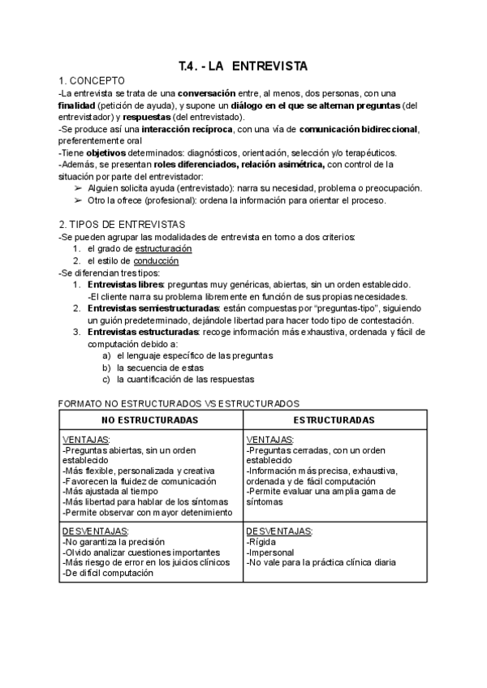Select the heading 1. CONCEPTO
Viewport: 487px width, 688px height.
coord(92,81)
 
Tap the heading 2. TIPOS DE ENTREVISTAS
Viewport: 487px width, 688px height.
coord(122,224)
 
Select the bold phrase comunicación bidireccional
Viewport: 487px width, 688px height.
coord(359,129)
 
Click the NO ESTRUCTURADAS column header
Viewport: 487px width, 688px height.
coord(150,420)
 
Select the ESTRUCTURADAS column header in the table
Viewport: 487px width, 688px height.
coord(334,420)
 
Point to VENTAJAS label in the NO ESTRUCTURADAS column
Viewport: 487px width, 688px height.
coord(86,440)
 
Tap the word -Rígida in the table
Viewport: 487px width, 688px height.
coord(261,541)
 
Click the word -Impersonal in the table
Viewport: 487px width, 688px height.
coord(269,552)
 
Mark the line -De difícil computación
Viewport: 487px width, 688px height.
coord(108,573)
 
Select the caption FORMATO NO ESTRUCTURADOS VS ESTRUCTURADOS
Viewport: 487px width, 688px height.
coord(179,403)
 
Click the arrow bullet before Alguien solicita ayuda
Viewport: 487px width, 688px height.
coord(78,188)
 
